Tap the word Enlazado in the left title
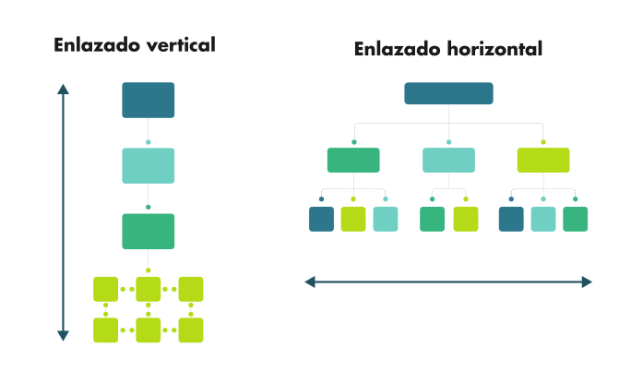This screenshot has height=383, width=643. click(89, 44)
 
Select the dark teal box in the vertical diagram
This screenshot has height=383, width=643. click(148, 100)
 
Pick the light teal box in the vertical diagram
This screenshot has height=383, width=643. click(148, 165)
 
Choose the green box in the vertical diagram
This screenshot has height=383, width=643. click(148, 231)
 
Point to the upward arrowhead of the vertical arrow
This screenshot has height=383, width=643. click(63, 90)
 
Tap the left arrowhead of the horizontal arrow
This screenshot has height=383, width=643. click(310, 281)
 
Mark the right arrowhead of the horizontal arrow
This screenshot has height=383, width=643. click(587, 281)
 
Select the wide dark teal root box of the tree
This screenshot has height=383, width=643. click(448, 93)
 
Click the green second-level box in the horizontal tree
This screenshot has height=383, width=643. click(353, 161)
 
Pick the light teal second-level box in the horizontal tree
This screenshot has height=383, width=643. click(448, 161)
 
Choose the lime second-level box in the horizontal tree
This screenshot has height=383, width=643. click(543, 161)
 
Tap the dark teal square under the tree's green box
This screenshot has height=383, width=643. click(321, 219)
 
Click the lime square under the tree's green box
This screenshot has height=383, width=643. click(353, 219)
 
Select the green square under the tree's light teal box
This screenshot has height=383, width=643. click(432, 219)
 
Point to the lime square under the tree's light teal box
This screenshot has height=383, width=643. click(466, 219)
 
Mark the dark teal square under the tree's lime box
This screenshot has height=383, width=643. click(511, 219)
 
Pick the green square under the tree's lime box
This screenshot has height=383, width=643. click(576, 219)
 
